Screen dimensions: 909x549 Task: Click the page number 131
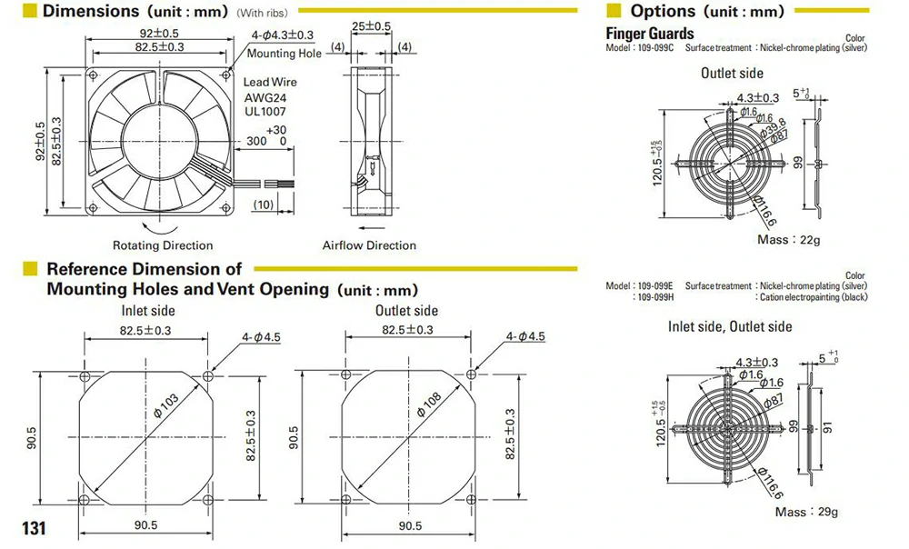tap(34, 528)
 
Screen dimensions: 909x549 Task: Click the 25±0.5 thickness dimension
tap(371, 26)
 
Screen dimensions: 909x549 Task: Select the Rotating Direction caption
tap(163, 245)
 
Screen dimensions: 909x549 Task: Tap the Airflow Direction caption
tap(369, 245)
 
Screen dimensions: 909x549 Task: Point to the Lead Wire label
tap(270, 83)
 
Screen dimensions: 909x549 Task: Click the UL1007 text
tap(265, 111)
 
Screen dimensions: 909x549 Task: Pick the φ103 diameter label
tap(166, 405)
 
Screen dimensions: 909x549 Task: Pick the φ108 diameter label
tap(430, 404)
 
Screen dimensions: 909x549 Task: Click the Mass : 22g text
tap(788, 239)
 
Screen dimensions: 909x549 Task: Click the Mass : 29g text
tap(806, 512)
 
